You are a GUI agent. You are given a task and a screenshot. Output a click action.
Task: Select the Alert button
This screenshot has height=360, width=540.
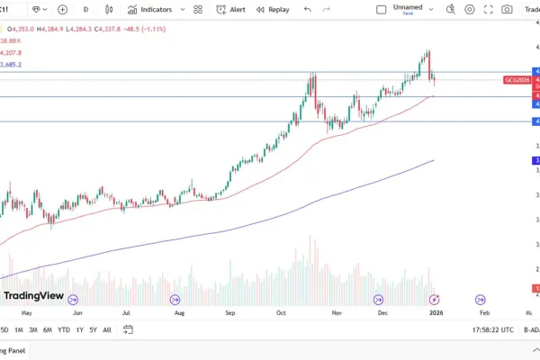pyautogui.click(x=231, y=9)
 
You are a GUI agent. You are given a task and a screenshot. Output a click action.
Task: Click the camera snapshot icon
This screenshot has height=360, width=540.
pyautogui.click(x=508, y=9)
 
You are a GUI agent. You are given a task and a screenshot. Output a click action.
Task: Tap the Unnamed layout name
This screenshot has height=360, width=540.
pyautogui.click(x=408, y=6)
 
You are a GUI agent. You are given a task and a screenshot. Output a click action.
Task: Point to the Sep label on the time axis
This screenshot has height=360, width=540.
pyautogui.click(x=230, y=312)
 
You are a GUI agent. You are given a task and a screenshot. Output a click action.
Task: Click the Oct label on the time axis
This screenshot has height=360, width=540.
pyautogui.click(x=281, y=312)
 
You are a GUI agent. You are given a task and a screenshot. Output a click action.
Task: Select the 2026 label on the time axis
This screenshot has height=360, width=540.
pyautogui.click(x=436, y=312)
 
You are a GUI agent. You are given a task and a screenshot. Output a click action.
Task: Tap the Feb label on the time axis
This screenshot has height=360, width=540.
pyautogui.click(x=484, y=312)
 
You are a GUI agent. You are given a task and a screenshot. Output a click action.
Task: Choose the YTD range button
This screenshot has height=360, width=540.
pyautogui.click(x=63, y=330)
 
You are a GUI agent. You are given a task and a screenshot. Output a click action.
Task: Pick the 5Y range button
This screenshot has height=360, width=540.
pyautogui.click(x=93, y=330)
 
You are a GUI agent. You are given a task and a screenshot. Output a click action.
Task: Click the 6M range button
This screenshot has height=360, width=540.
pyautogui.click(x=48, y=330)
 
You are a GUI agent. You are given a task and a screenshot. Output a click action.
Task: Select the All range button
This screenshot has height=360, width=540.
pyautogui.click(x=107, y=330)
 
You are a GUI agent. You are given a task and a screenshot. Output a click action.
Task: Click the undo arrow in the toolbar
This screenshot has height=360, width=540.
pyautogui.click(x=307, y=9)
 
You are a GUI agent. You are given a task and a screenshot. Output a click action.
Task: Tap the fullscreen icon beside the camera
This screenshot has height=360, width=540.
pyautogui.click(x=489, y=9)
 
